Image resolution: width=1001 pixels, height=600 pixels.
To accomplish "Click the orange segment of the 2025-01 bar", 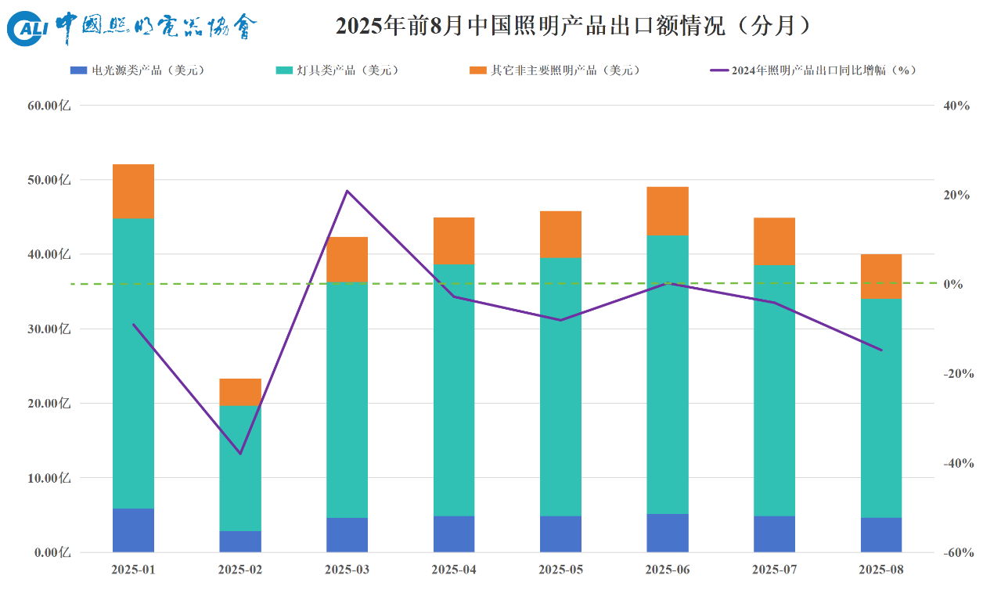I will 133,191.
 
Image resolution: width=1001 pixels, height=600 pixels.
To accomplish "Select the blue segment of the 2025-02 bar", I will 240,541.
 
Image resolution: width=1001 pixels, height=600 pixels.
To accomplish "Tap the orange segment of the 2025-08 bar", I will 881,276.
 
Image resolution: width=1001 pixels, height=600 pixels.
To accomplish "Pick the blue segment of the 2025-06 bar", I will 668,533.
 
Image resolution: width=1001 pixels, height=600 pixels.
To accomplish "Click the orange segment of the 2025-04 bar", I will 454,240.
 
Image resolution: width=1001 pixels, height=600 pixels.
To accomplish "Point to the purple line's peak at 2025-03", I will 347,191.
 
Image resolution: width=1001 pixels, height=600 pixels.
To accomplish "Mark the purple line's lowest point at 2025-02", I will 240,454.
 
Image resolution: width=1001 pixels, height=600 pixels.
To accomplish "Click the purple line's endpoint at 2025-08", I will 881,350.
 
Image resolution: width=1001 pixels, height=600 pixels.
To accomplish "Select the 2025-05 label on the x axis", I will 560,570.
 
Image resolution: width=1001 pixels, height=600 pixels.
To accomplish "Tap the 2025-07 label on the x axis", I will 774,570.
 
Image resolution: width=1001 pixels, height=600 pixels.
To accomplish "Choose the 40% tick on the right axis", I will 956,106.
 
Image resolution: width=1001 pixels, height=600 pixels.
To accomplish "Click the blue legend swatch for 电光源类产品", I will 78,70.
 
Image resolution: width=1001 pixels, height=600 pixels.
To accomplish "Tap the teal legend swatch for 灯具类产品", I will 285,70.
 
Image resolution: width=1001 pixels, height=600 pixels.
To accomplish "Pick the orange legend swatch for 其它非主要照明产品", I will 477,70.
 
